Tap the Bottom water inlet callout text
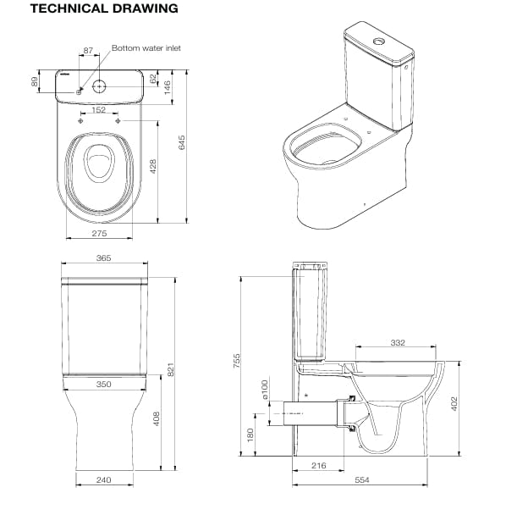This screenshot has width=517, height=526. coord(146,49)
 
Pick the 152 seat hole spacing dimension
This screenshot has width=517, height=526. coord(99,109)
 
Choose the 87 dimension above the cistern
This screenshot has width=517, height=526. coord(89,53)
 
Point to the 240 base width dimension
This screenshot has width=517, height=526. coord(104,479)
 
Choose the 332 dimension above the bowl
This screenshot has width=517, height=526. coord(398,343)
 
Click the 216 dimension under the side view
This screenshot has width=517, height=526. coord(319,466)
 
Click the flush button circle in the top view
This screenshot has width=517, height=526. coord(101,86)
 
